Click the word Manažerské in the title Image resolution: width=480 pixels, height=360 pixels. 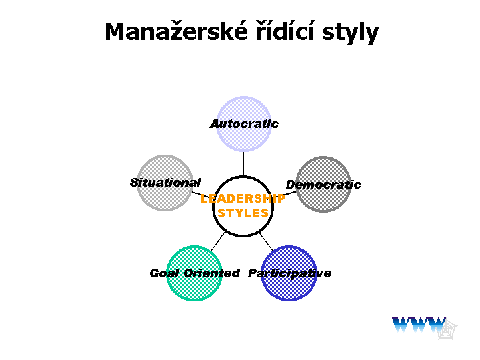(x=176, y=31)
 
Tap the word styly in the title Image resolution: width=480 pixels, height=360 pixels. (x=351, y=33)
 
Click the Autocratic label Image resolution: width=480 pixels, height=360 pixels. (x=244, y=124)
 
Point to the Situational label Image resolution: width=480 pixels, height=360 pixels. (x=165, y=183)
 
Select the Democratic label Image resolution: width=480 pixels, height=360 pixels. (x=323, y=185)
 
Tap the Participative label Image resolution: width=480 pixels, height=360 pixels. (x=289, y=273)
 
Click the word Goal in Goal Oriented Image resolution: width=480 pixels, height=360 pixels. (x=164, y=273)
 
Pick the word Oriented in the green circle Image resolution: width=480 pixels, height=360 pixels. (x=211, y=273)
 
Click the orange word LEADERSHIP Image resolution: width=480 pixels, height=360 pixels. (x=243, y=199)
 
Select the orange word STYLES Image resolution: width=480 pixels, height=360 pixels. (x=243, y=213)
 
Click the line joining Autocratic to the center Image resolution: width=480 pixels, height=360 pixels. (x=243, y=164)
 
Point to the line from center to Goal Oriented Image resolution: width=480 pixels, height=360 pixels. (x=218, y=241)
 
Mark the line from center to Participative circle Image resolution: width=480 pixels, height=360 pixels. (x=266, y=242)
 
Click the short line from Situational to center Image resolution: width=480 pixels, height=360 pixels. (x=201, y=195)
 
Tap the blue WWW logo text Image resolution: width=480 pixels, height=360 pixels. (x=419, y=325)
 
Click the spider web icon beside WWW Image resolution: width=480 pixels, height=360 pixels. (x=447, y=329)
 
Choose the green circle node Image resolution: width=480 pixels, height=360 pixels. (x=194, y=273)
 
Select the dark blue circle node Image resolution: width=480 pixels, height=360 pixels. (x=289, y=273)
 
